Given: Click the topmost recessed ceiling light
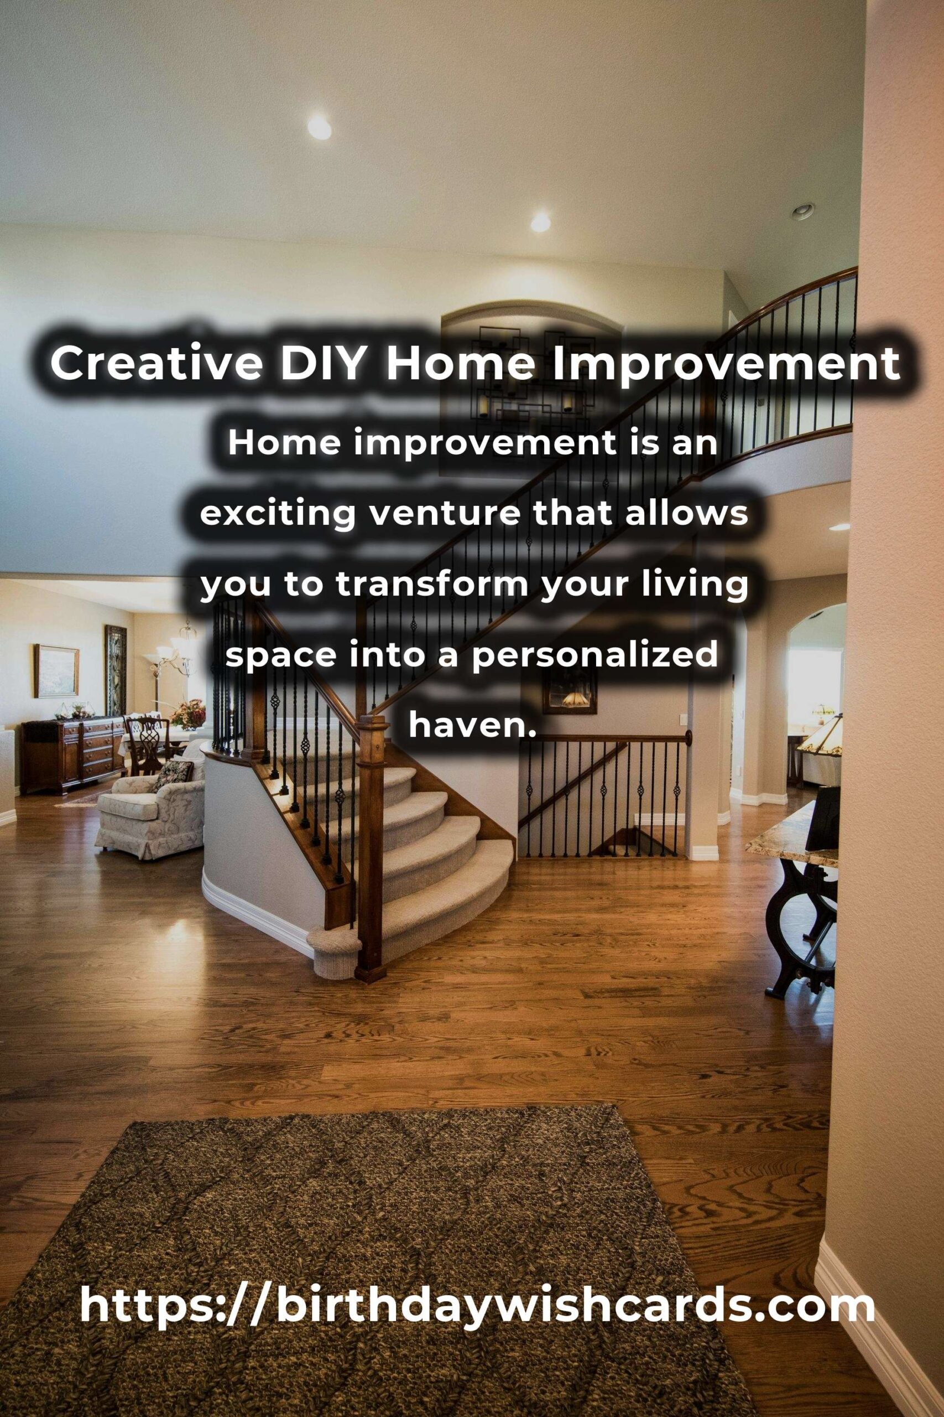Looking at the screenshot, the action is click(x=319, y=127).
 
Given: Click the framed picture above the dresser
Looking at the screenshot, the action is click(x=56, y=670).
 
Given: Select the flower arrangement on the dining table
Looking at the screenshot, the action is click(x=187, y=713).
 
